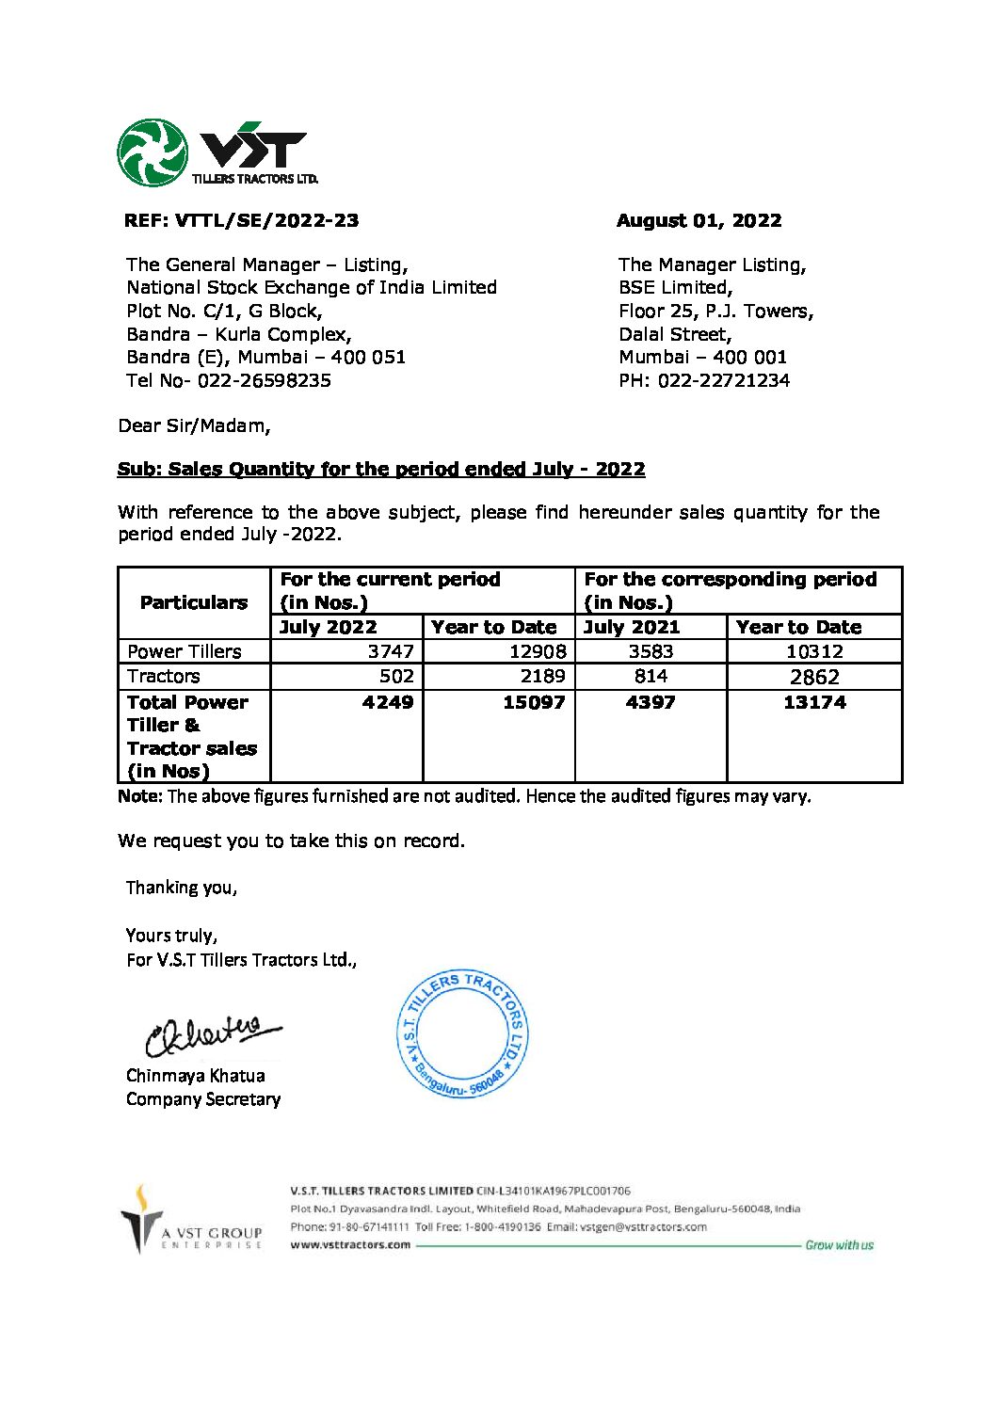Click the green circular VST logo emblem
click(x=152, y=152)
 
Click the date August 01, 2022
click(x=699, y=220)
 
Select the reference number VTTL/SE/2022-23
click(x=266, y=220)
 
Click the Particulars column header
click(x=194, y=602)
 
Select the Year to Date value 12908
click(x=537, y=651)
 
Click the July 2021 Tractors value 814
click(x=651, y=676)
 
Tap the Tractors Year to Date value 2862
click(x=814, y=677)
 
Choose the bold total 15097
click(x=534, y=702)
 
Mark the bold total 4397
click(x=651, y=702)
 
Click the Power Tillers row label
click(x=185, y=651)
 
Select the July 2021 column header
click(x=632, y=627)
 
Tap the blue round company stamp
click(x=462, y=1034)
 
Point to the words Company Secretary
click(x=203, y=1099)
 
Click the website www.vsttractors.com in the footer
click(x=350, y=1244)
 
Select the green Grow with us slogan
click(x=839, y=1245)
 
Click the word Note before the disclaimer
click(x=139, y=796)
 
